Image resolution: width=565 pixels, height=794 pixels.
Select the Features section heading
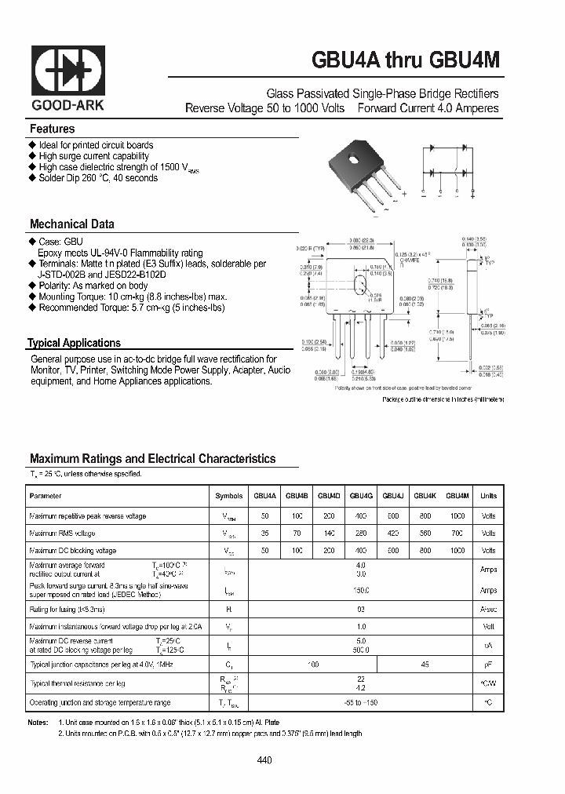point(53,129)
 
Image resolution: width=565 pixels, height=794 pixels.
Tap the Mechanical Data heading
point(71,224)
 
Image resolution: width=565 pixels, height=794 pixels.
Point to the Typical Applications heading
point(75,343)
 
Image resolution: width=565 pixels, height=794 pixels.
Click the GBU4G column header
point(360,496)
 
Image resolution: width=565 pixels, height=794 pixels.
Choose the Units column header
point(488,496)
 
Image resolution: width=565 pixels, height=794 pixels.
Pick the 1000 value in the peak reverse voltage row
point(457,516)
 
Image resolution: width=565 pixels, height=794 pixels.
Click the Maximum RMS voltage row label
point(62,534)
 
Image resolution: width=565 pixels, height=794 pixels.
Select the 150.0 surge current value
point(360,590)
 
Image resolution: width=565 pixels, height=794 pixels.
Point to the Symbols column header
point(229,496)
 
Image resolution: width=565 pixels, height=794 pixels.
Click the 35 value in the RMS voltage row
point(265,534)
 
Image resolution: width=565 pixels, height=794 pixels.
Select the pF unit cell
point(488,665)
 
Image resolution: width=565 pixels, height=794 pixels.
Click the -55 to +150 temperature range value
point(360,702)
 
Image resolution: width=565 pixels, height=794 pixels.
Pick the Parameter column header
point(45,496)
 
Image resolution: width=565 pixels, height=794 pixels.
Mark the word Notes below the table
point(38,722)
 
